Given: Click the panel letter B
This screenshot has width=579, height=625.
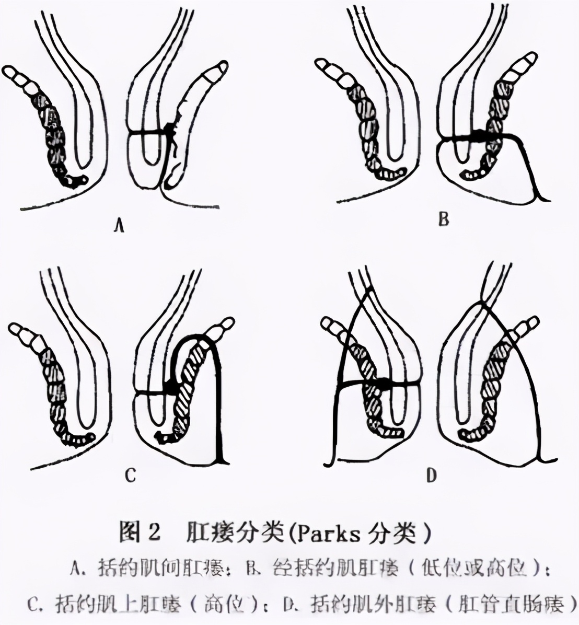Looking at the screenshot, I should pos(443,219).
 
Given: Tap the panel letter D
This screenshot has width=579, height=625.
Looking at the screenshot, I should pos(431,476).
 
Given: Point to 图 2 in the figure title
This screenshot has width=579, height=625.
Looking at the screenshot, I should pos(138,533).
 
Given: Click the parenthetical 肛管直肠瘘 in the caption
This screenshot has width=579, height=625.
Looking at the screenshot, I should pos(513,606).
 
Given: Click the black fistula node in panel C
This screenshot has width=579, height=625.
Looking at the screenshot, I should pos(171,387).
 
